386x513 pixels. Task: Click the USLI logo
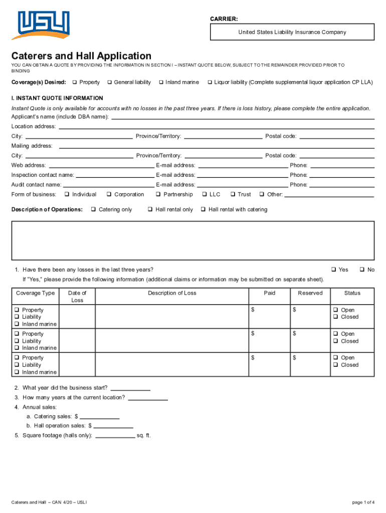coord(43,25)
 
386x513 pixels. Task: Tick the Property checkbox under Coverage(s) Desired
coord(74,82)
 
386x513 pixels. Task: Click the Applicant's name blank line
coord(242,117)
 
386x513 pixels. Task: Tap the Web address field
coord(101,166)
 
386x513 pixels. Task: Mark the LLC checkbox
coord(204,194)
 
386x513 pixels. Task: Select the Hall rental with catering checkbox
coord(204,209)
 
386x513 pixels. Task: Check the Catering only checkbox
coord(94,209)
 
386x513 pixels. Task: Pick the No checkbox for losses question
coord(362,270)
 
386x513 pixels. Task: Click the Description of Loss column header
coord(172,293)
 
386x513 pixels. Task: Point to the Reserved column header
coord(310,293)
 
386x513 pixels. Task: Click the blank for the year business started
coord(130,388)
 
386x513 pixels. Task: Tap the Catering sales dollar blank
coord(99,417)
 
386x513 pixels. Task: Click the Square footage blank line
coord(115,436)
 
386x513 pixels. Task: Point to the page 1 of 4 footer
coord(363,502)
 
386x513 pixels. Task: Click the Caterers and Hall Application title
coord(82,56)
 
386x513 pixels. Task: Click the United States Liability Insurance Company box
coord(292,33)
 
